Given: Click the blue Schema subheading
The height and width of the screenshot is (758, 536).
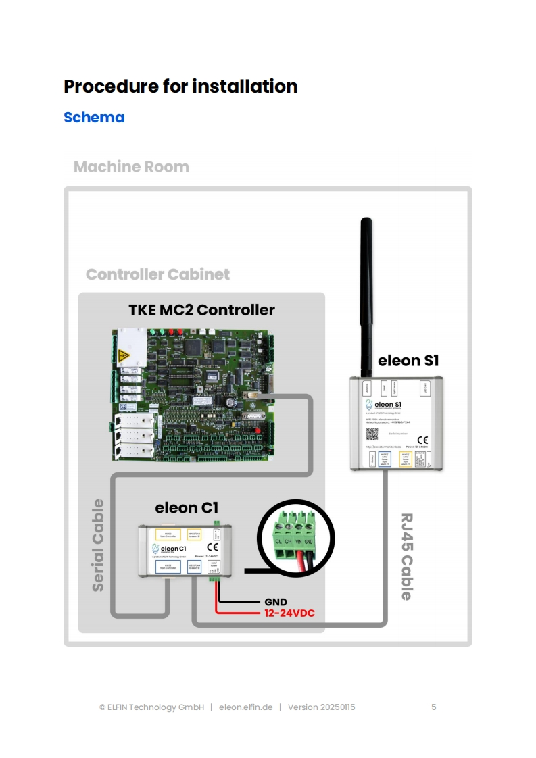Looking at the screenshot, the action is [94, 117].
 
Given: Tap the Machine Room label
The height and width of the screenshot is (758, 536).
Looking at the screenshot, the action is [131, 167].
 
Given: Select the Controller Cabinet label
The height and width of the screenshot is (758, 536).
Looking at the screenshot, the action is [157, 274].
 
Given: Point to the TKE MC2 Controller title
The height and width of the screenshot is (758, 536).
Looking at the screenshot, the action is [201, 310].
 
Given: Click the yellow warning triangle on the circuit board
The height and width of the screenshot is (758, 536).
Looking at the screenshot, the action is [123, 355].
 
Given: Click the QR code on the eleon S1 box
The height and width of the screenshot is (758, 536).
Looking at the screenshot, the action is [372, 434].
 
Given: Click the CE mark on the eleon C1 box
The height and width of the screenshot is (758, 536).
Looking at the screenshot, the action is [212, 547].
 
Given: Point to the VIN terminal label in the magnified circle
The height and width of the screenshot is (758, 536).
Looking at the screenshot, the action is [299, 542].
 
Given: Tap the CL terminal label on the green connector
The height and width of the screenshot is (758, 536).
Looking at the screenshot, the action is [278, 542].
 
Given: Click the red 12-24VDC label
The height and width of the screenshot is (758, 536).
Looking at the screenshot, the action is [289, 613].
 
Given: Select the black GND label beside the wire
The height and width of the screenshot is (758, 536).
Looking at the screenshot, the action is [275, 601].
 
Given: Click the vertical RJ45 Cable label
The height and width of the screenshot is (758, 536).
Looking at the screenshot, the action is [406, 557].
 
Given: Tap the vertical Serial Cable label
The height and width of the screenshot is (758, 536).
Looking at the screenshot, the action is [99, 545].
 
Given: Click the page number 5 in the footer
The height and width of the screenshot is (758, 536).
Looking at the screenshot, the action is [433, 707].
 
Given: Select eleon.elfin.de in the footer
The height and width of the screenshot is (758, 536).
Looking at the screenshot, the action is [245, 707].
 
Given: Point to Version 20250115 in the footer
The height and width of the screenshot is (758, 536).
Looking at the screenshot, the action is [321, 707].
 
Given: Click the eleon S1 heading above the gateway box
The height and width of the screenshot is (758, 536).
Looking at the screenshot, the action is [408, 360].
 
